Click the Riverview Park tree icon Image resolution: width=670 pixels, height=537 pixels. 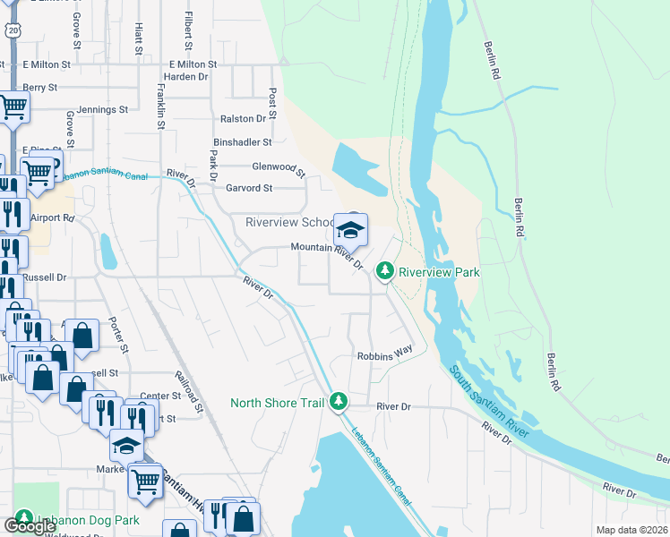pos(385,269)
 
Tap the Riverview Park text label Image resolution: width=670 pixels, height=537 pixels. pos(439,272)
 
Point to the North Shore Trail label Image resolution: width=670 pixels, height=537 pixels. pos(277,403)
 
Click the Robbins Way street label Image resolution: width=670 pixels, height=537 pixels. pos(384,354)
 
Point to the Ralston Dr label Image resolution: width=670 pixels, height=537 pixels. pos(244,118)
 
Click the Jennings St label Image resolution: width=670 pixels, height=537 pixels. pos(102,110)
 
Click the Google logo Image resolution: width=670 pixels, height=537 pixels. pos(30,526)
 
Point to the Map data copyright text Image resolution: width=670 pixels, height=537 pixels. pos(631,530)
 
